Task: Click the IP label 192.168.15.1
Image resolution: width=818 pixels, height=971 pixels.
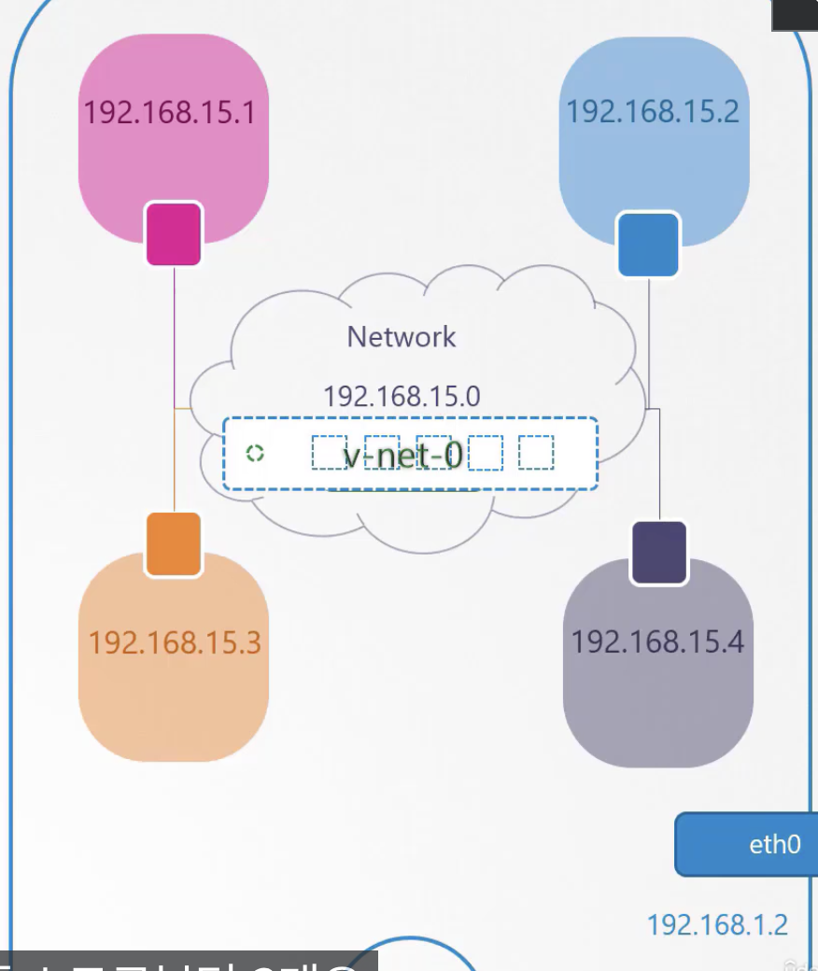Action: (x=169, y=113)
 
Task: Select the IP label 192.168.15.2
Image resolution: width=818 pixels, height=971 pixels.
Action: (x=652, y=112)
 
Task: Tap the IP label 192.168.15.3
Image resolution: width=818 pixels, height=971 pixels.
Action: (x=175, y=642)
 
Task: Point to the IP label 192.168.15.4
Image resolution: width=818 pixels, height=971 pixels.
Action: (x=657, y=642)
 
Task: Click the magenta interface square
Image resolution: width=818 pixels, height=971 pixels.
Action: (x=174, y=234)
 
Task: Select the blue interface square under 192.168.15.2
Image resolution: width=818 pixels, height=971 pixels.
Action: (x=648, y=245)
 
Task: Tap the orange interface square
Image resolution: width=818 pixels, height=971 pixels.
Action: (x=174, y=544)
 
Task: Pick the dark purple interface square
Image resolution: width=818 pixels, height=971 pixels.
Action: (x=659, y=553)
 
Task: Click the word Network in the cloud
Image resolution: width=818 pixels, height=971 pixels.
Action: (x=402, y=336)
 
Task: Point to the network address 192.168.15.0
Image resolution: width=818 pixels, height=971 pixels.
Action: (x=402, y=396)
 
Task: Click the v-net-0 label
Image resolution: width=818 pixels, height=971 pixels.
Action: (x=403, y=455)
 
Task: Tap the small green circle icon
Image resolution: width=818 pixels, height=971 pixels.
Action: (x=255, y=454)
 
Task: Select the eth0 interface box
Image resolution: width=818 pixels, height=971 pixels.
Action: (x=747, y=844)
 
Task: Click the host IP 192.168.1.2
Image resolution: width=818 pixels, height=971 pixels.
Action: (x=717, y=924)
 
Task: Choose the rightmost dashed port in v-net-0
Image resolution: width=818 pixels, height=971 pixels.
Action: (x=536, y=454)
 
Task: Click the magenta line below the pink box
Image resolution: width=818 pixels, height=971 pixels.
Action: (x=175, y=336)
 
